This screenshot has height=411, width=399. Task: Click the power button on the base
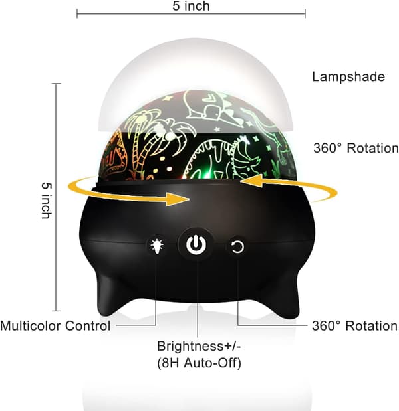pyautogui.click(x=196, y=244)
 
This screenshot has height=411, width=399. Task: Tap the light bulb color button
pyautogui.click(x=157, y=245)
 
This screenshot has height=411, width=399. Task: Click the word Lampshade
pyautogui.click(x=348, y=77)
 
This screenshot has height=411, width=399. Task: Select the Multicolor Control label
pyautogui.click(x=55, y=326)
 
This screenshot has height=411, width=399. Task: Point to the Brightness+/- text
pyautogui.click(x=199, y=346)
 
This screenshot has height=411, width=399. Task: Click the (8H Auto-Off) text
pyautogui.click(x=199, y=363)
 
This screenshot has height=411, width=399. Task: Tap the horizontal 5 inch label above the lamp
pyautogui.click(x=191, y=6)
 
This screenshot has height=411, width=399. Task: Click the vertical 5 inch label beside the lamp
pyautogui.click(x=47, y=201)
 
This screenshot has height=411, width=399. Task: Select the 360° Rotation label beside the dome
pyautogui.click(x=356, y=148)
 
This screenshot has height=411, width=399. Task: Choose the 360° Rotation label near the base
pyautogui.click(x=354, y=326)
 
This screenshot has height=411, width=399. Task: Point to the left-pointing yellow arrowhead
pyautogui.click(x=253, y=181)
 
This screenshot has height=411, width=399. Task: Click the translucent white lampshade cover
pyautogui.click(x=195, y=78)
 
